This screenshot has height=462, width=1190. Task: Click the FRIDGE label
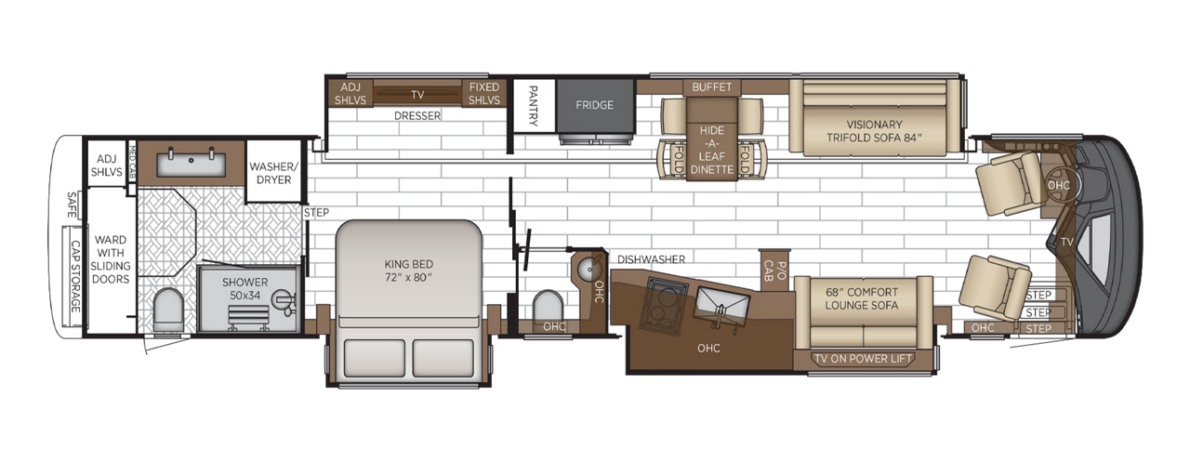click(594, 105)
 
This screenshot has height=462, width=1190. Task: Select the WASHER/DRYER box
click(274, 173)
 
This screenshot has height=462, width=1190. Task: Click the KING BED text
click(409, 270)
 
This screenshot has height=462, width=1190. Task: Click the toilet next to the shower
click(167, 309)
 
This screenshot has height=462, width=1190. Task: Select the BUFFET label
click(712, 87)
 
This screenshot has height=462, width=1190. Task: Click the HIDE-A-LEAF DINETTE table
click(712, 149)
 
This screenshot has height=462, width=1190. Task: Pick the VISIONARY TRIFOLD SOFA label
click(875, 131)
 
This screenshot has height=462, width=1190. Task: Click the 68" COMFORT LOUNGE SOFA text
click(862, 298)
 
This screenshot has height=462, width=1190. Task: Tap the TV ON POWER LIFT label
click(863, 359)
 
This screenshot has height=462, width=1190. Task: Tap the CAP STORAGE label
click(75, 276)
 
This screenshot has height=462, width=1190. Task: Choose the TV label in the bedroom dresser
click(416, 94)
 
